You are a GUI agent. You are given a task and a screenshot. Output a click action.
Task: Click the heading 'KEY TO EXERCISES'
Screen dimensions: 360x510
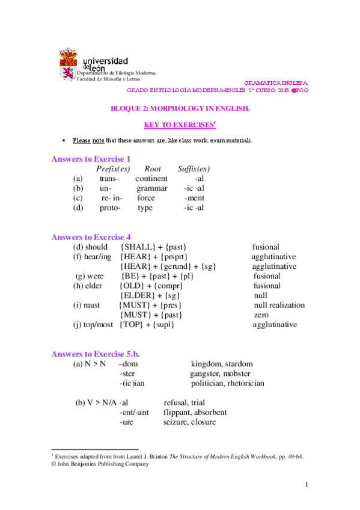point(178,125)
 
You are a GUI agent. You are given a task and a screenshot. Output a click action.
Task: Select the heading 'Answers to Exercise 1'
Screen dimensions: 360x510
point(91,159)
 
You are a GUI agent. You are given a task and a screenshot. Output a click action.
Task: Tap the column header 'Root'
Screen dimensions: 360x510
point(153,169)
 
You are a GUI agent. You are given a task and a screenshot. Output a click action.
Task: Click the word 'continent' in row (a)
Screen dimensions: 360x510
point(151,179)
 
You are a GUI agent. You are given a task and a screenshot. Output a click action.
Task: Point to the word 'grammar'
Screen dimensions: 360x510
point(152,188)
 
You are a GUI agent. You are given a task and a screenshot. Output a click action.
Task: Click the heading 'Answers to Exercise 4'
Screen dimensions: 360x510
point(91,237)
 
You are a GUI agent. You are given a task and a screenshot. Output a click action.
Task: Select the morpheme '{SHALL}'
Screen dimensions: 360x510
point(138,247)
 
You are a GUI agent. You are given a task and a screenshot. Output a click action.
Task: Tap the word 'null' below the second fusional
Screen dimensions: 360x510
point(260,295)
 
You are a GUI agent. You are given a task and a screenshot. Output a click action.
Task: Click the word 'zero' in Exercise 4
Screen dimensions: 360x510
point(261,315)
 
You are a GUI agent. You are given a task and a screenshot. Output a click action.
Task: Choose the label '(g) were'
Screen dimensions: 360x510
point(90,276)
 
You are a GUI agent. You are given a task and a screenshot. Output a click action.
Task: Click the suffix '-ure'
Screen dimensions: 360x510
point(126,422)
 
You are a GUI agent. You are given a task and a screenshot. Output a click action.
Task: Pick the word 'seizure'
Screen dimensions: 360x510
point(175,422)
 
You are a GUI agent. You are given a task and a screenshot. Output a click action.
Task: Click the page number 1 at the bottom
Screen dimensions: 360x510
point(307,485)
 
